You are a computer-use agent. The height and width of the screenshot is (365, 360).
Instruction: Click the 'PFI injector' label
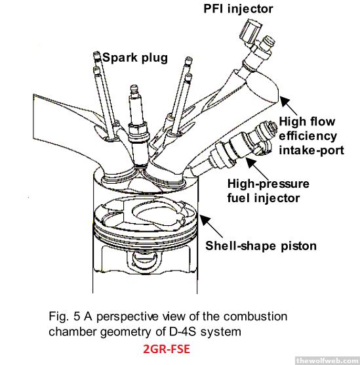tap(238, 9)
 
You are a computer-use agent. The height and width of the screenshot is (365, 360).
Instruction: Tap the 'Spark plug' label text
tap(135, 58)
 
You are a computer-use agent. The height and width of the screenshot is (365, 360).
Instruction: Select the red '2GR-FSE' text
tap(167, 349)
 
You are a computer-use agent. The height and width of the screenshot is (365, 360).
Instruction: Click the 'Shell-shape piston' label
tap(261, 246)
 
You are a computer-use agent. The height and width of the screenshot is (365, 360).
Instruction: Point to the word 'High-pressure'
tap(268, 184)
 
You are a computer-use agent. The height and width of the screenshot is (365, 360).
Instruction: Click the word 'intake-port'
tap(311, 150)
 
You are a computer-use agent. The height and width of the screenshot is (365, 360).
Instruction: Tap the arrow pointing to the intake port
tap(289, 105)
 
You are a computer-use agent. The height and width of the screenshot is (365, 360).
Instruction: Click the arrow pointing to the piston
tap(211, 226)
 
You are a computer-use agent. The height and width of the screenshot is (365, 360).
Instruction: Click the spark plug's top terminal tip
tap(134, 89)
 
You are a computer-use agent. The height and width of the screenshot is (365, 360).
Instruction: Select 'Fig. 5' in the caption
tap(64, 316)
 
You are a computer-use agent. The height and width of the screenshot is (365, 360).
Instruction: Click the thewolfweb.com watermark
tap(328, 361)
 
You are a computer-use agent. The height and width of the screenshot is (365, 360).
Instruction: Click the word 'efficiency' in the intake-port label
tap(308, 136)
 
